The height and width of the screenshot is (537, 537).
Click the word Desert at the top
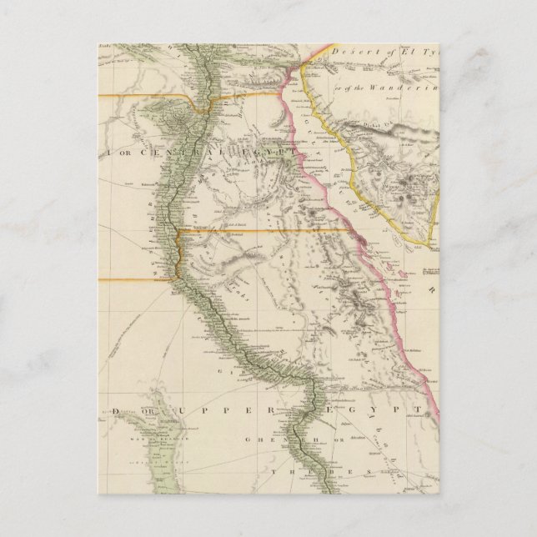pos(349,52)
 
